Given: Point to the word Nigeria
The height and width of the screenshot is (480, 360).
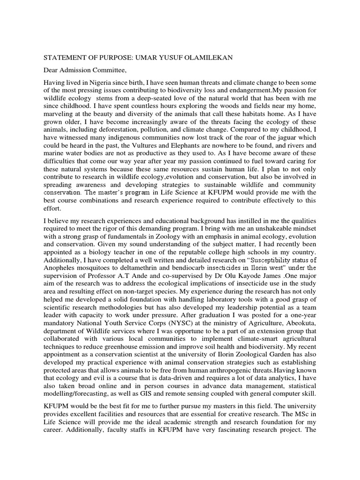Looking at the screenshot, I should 100,83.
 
